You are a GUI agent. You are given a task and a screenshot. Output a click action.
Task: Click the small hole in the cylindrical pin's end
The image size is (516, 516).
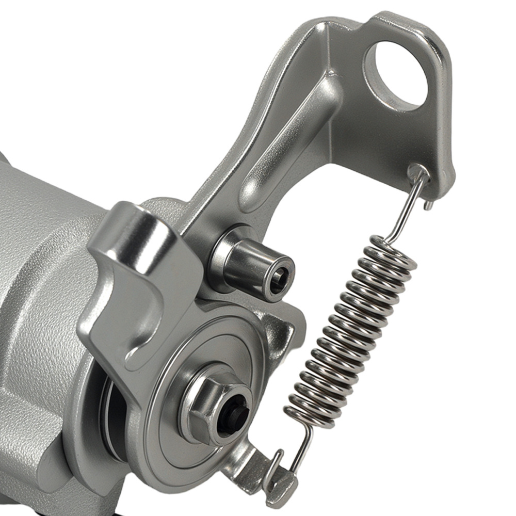[279, 279]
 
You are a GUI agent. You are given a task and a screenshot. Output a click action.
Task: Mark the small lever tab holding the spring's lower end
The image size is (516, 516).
[279, 480]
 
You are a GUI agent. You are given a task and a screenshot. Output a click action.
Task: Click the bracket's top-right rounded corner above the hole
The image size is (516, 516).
[428, 36]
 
